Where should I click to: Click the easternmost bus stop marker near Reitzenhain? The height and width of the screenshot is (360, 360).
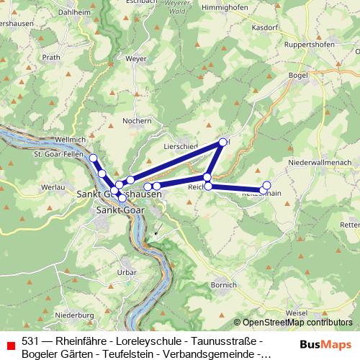[266, 185]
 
